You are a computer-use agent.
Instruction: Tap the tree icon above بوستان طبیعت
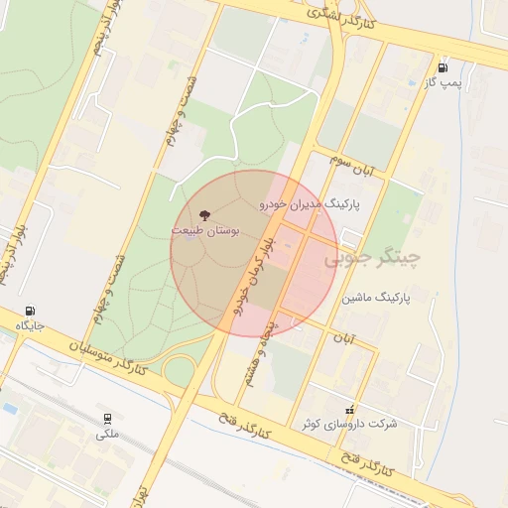click(x=205, y=214)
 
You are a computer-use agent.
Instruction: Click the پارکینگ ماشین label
click(x=376, y=297)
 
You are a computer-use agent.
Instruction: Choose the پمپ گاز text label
click(x=441, y=83)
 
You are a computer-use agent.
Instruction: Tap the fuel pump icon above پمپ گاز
click(x=442, y=67)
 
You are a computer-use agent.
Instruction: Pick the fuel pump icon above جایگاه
click(x=31, y=310)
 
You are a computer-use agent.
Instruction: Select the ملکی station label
click(x=107, y=434)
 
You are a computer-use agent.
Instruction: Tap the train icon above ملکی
click(x=107, y=419)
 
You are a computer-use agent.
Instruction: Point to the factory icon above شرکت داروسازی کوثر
click(x=348, y=409)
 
